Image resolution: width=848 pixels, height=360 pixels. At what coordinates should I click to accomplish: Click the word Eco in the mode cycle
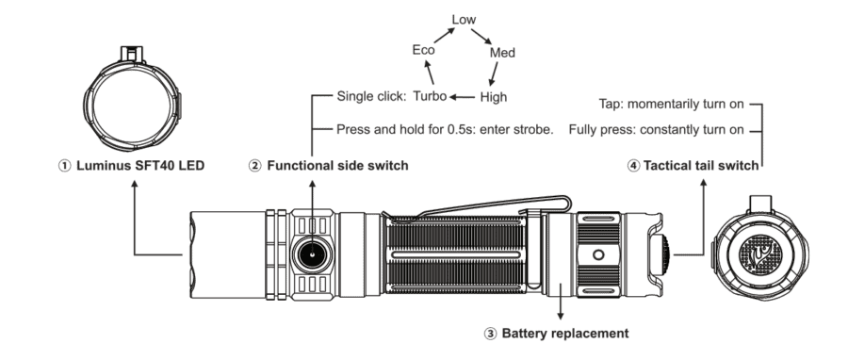click(423, 50)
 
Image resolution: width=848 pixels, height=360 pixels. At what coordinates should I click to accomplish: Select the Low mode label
click(464, 19)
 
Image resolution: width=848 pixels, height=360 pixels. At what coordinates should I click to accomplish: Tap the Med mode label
click(502, 53)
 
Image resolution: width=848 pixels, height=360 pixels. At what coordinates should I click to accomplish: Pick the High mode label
click(494, 96)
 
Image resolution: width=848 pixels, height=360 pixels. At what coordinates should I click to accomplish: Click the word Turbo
click(430, 96)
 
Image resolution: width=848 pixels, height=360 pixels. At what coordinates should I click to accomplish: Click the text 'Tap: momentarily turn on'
click(672, 105)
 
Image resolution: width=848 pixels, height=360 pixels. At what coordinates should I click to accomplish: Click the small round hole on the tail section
click(597, 254)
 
